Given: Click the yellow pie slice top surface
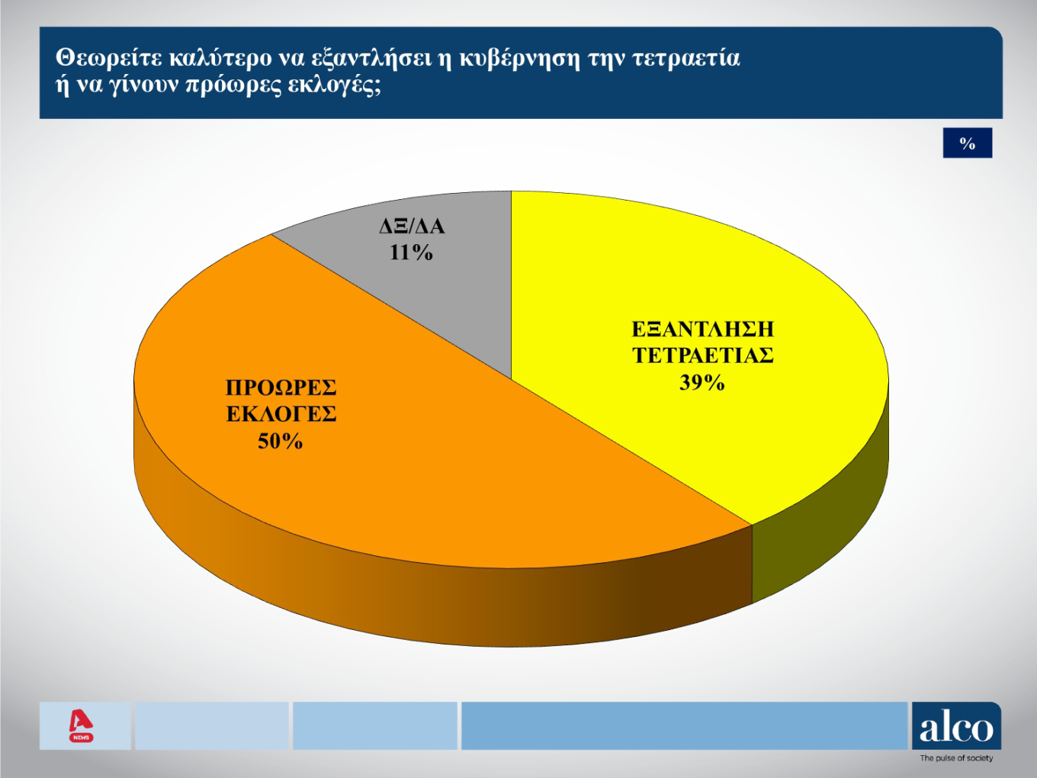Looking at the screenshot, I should coord(762,442).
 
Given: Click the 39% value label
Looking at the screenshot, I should coord(701,383).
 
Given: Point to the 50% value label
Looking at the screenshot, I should coord(280,442).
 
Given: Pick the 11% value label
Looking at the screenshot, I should coord(411,252).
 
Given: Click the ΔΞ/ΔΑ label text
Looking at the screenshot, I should coord(412,227).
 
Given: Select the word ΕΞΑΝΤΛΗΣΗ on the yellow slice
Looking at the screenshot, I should coord(702,330).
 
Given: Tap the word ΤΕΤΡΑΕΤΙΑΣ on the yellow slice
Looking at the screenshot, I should coord(702,356).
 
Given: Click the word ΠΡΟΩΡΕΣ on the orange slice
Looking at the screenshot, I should coord(281,388).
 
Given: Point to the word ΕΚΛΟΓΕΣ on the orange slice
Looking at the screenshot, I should coord(281,414).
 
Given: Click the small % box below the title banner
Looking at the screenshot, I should coord(967,143).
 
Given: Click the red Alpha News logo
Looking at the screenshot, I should coord(81,725).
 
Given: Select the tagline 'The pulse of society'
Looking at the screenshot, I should coord(956,758).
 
